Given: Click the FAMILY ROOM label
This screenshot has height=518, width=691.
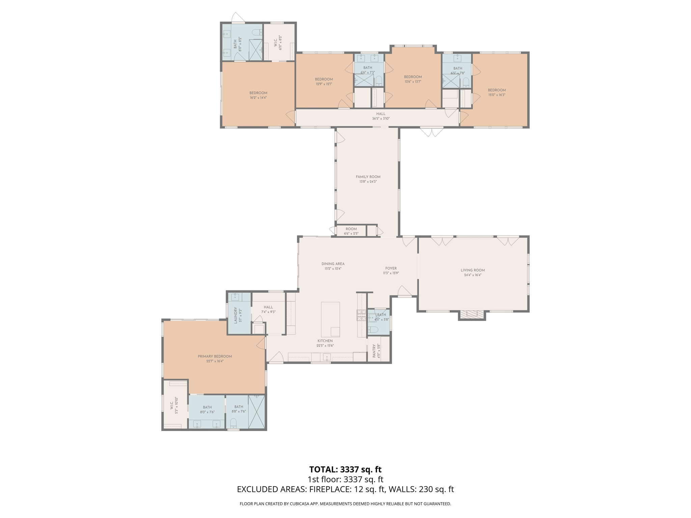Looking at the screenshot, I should coord(368,177).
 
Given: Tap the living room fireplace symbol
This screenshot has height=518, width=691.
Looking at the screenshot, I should coord(472,314).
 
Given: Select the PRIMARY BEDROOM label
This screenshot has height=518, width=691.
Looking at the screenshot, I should coord(215,356).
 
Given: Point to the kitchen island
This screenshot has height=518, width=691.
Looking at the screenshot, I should coord(330,319).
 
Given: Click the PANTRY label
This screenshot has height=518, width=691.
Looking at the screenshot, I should coord(374,351).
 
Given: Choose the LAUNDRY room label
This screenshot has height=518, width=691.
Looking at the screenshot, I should coord(236,315).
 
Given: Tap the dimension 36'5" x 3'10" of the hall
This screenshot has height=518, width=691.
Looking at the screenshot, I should coord(381,119).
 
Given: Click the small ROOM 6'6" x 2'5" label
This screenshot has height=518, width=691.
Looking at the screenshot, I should coord(351,229).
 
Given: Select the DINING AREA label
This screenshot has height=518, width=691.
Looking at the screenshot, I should coord(333,264).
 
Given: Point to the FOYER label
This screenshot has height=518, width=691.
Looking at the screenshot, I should coord(391,268).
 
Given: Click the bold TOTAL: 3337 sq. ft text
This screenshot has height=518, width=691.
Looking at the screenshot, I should coord(345,469).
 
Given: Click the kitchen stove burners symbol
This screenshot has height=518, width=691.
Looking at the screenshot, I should coord(361,315).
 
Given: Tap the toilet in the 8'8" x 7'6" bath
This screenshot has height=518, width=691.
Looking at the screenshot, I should coord(233,423).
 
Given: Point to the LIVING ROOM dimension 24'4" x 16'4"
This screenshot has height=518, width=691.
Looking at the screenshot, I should coord(472,275).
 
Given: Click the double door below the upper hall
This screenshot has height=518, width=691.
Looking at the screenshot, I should coord(432,132).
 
